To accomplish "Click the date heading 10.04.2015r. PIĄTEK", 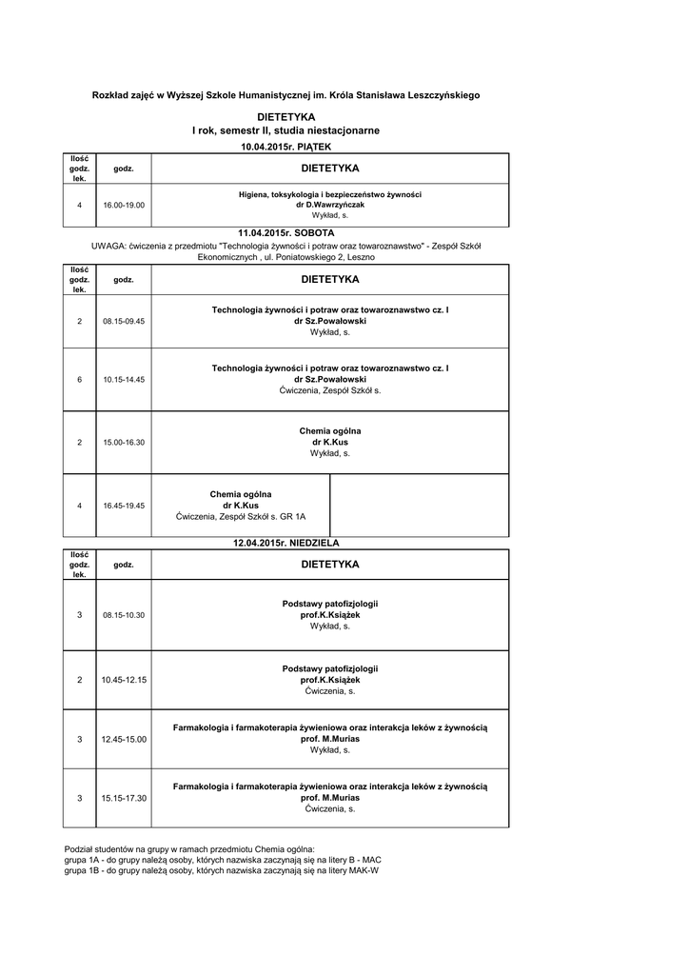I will click(x=285, y=148).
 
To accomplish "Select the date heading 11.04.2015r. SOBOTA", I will click(x=285, y=232).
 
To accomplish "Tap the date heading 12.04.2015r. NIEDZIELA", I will click(x=286, y=543).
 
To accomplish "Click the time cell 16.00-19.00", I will click(x=124, y=205).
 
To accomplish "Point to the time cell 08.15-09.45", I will click(x=124, y=322).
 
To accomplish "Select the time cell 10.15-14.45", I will click(x=124, y=380).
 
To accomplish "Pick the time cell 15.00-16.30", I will click(x=124, y=443).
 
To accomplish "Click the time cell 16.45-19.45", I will click(x=124, y=506).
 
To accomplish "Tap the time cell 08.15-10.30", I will click(x=124, y=615).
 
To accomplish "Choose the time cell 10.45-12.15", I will click(x=124, y=680).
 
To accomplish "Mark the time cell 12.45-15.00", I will click(x=124, y=740).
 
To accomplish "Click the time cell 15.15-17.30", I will click(x=124, y=798).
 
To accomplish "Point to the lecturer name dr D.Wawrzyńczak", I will click(x=330, y=205).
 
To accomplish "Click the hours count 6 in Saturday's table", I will click(x=80, y=380).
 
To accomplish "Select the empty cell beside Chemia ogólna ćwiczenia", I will click(x=419, y=506).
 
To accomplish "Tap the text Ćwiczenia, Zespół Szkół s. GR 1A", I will click(x=241, y=517).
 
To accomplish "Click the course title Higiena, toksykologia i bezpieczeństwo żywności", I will click(x=330, y=194).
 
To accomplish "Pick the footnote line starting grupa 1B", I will click(x=221, y=869).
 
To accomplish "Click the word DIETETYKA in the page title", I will click(x=285, y=116).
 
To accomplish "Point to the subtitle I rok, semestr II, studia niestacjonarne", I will click(x=285, y=129).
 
